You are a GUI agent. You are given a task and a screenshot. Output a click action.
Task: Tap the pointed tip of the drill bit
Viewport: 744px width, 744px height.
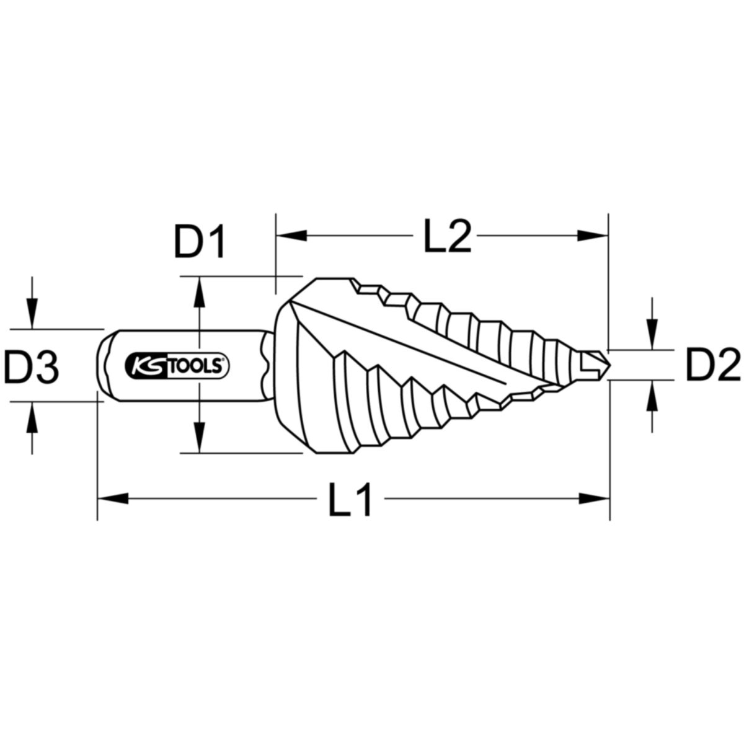point(609,366)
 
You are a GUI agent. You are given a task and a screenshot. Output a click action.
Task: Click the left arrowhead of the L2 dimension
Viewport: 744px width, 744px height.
point(291,236)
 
